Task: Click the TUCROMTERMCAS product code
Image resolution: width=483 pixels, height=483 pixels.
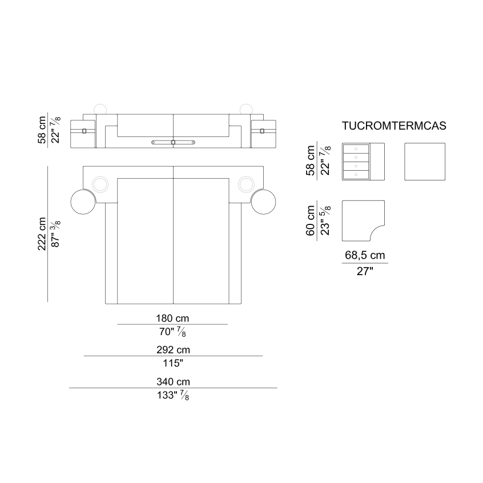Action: (x=394, y=126)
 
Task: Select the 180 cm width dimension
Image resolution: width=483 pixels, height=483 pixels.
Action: (x=172, y=318)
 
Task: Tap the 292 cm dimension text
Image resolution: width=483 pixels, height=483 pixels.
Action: (x=173, y=350)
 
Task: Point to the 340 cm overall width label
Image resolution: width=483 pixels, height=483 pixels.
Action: (x=173, y=382)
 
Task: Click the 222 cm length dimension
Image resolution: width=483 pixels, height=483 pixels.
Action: (x=42, y=234)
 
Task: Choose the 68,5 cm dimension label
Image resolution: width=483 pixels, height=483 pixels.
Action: (x=365, y=255)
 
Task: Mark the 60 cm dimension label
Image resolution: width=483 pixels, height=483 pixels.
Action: (x=311, y=220)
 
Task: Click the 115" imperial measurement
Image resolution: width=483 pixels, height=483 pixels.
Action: (x=173, y=364)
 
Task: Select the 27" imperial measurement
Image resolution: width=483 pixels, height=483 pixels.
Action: (x=365, y=271)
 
